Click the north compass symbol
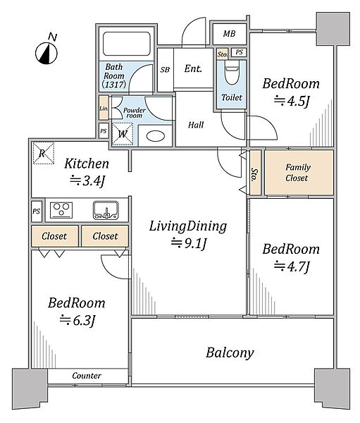coord(46,53)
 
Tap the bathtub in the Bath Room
coord(127,44)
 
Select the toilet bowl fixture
coord(232,73)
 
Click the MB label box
coord(230,34)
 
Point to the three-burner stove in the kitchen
coord(61,210)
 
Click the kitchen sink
coord(106,210)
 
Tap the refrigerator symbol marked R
coord(44,153)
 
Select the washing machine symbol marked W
coord(123,134)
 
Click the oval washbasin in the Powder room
coord(156,136)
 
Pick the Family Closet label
coord(297,173)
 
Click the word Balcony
coord(230,353)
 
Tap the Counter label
coord(87,376)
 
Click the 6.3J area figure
coord(77,320)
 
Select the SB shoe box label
coord(165,70)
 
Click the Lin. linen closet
coord(104,108)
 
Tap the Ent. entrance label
coord(193,69)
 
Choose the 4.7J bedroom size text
coord(292,266)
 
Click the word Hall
coord(196,125)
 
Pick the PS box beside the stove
coord(37,211)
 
